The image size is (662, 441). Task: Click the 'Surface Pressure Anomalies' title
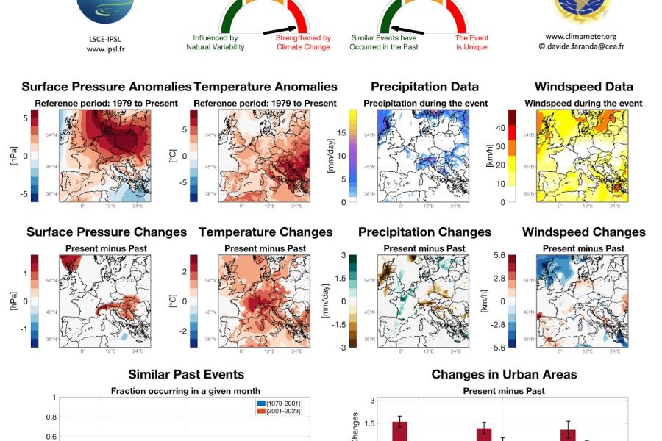107,87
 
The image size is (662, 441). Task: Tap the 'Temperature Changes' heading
265,232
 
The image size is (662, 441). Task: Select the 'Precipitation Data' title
424,87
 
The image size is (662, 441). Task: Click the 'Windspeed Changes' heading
583,232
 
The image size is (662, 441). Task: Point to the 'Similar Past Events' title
186,375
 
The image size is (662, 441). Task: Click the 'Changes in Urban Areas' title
504,375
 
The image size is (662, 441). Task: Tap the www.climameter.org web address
580,35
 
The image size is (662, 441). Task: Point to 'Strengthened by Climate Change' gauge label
303,43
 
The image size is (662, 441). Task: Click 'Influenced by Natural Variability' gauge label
215,43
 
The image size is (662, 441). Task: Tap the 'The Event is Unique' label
471,43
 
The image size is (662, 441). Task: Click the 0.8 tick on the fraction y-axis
51,417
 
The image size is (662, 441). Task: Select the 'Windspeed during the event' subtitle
583,104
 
